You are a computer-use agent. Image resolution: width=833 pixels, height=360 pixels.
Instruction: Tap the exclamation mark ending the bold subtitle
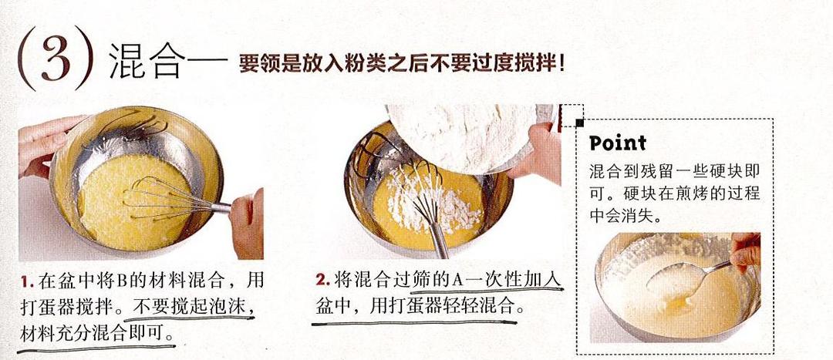(562, 62)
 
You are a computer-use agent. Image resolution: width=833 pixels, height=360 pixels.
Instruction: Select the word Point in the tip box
(618, 143)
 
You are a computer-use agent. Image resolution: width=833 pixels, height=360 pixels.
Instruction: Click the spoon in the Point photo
(679, 278)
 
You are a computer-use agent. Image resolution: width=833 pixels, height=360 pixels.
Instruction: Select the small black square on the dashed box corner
(578, 122)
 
